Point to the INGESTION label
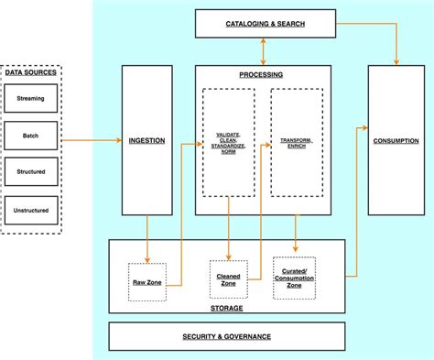tap(147, 140)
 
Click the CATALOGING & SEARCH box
tap(266, 23)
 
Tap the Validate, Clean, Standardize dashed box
tap(229, 142)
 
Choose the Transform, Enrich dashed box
tap(296, 142)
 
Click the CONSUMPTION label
tap(396, 140)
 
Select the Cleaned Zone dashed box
tap(229, 279)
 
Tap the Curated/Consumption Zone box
tap(295, 278)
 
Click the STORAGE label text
tap(227, 309)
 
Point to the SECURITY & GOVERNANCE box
tap(227, 336)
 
